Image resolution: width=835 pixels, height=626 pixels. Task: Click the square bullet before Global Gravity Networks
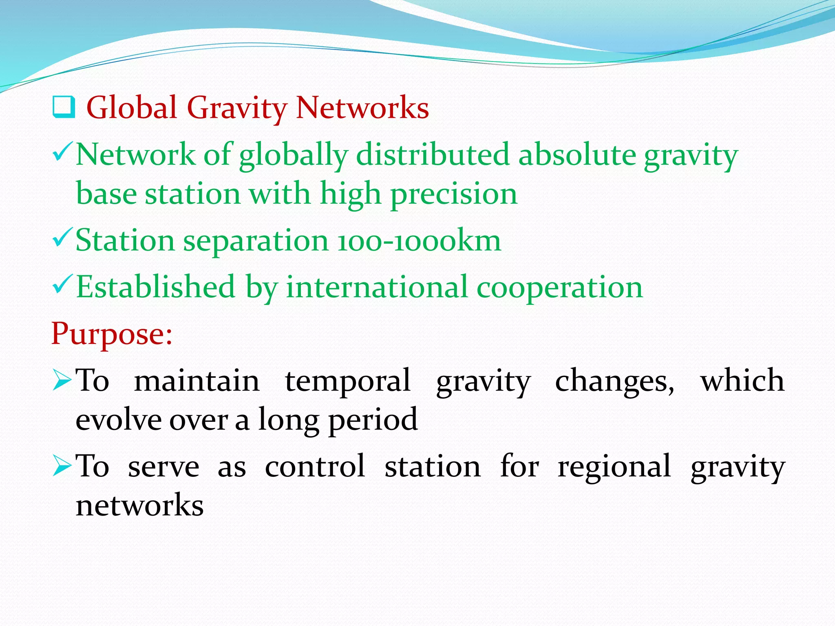(64, 107)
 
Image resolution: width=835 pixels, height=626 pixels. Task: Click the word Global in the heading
(132, 108)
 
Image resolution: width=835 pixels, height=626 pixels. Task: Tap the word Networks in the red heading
(362, 108)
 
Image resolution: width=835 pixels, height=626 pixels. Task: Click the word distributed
(433, 155)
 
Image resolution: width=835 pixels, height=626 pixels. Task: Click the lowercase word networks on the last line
(139, 505)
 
